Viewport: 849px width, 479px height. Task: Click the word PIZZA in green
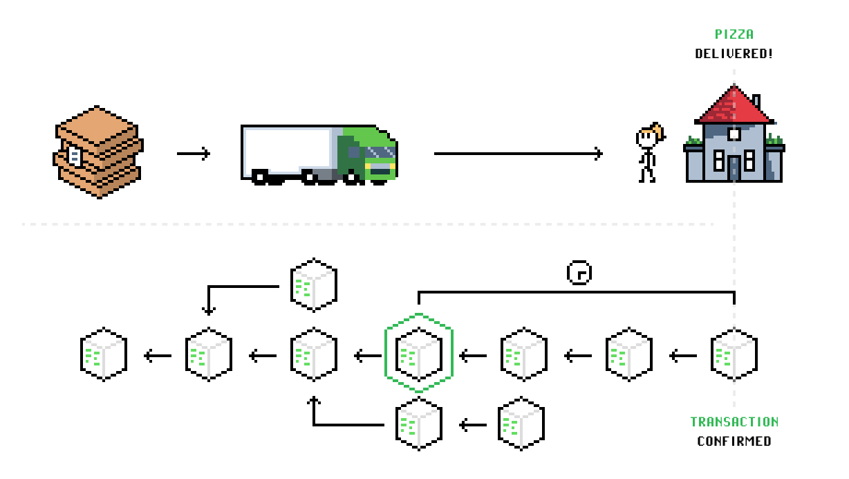point(734,34)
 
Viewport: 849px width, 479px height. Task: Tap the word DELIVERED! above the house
point(734,53)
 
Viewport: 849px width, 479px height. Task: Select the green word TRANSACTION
point(734,422)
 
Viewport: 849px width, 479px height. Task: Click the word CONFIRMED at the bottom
point(734,441)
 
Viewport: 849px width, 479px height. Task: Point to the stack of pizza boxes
point(99,152)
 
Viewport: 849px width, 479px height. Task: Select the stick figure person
point(648,153)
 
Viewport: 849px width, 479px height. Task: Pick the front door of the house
point(734,168)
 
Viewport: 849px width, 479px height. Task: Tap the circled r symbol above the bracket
point(579,273)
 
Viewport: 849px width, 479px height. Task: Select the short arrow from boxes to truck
point(193,154)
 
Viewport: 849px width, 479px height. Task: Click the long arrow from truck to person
point(519,154)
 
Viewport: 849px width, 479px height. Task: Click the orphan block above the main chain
point(314,284)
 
